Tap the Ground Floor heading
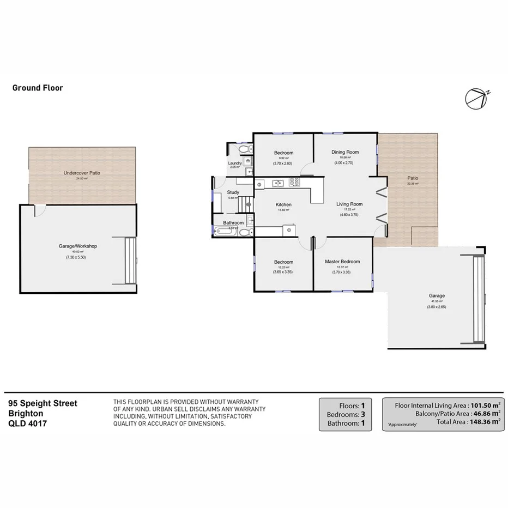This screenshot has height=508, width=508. coord(38,88)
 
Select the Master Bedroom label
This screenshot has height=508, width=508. coord(342,262)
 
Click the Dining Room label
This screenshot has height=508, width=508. coord(345,152)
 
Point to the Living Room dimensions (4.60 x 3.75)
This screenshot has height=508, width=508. coord(349,214)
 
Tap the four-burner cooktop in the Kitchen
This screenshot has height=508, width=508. coord(294,183)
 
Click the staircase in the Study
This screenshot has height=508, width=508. coord(247,204)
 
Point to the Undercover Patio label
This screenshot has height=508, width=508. coord(82,173)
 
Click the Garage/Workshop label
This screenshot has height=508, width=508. coord(77,246)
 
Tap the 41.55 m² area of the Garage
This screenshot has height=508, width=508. coord(437,301)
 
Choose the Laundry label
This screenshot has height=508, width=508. coord(235,163)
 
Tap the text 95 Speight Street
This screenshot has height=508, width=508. coord(43,404)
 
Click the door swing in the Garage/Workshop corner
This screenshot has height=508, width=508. coord(40,211)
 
